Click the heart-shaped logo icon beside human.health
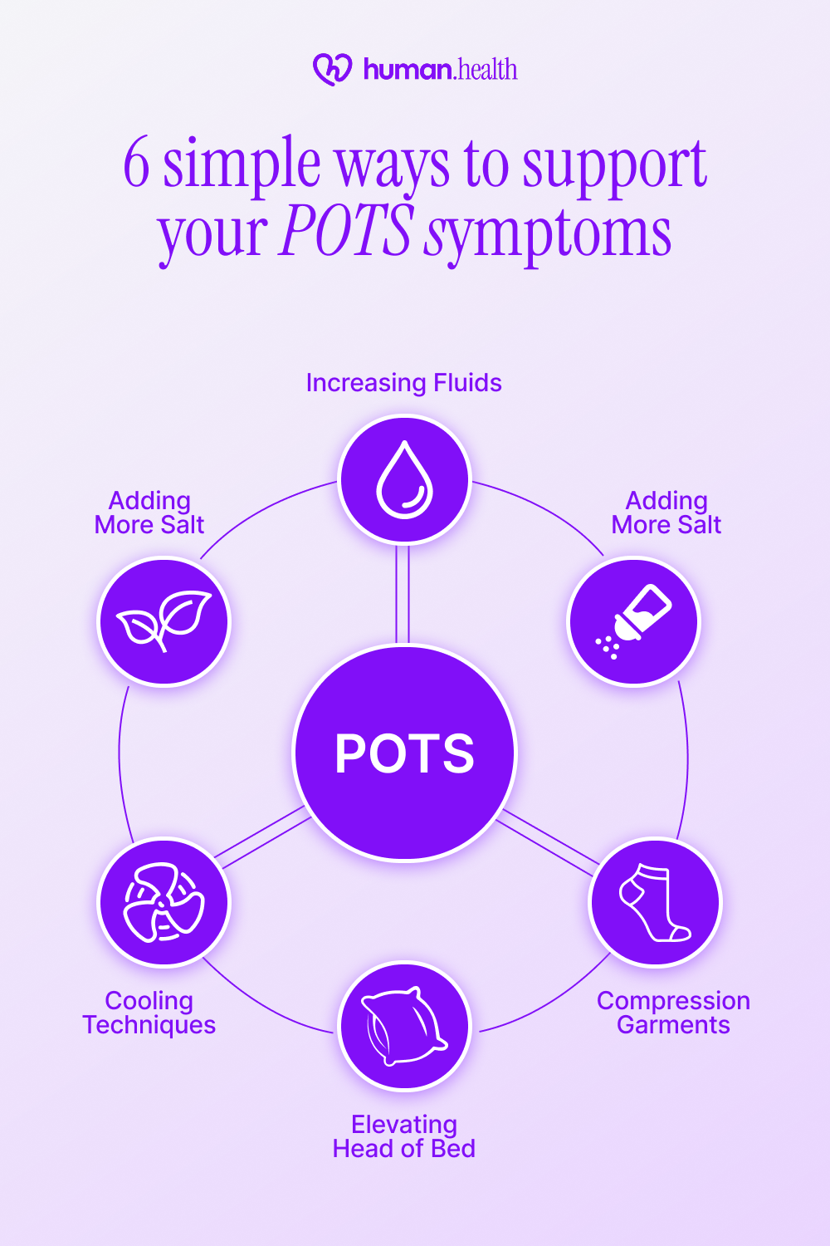click(332, 70)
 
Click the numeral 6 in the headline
click(137, 164)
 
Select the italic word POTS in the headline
click(346, 232)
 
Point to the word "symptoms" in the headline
click(547, 235)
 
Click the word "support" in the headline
click(614, 166)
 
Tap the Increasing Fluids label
click(403, 383)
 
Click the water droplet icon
click(405, 480)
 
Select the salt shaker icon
click(634, 621)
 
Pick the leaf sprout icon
click(164, 621)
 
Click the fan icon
click(164, 902)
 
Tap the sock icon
click(656, 902)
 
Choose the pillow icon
click(405, 1027)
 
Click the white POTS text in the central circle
click(404, 753)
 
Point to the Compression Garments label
click(673, 1013)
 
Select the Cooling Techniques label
click(149, 1013)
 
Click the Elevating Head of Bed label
click(404, 1136)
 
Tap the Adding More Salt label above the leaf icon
click(149, 513)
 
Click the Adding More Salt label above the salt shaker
click(666, 513)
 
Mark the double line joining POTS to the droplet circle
click(403, 595)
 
